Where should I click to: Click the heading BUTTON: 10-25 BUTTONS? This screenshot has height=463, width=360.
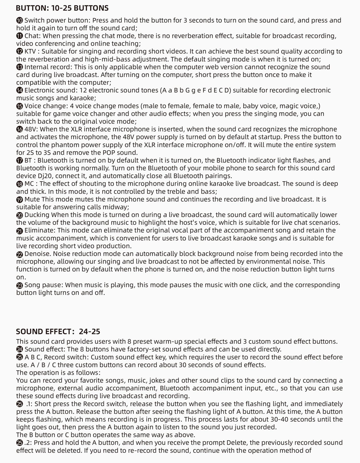(x=62, y=8)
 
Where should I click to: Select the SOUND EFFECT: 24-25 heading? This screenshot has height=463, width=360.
(x=58, y=331)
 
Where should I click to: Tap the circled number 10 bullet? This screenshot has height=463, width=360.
(x=20, y=20)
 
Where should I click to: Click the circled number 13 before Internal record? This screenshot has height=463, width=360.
(x=20, y=67)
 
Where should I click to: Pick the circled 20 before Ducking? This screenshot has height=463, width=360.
(x=20, y=215)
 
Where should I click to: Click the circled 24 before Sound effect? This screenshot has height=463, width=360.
(x=20, y=350)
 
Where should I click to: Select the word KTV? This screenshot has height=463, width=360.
(x=30, y=51)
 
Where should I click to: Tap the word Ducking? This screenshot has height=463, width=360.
(x=37, y=215)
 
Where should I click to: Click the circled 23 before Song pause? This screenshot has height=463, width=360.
(x=20, y=285)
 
